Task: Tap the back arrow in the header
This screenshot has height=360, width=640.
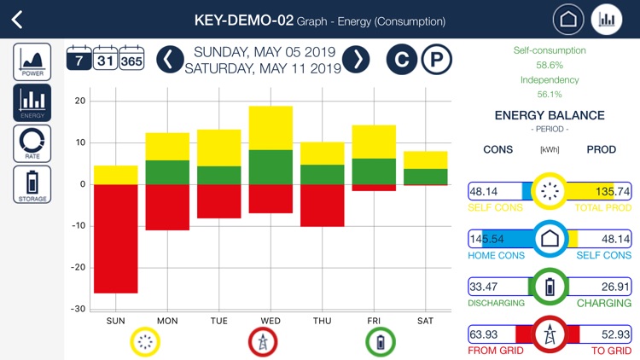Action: [18, 20]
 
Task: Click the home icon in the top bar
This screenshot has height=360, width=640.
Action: [568, 20]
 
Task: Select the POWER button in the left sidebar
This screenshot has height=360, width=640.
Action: [32, 62]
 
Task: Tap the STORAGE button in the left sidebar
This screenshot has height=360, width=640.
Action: [32, 184]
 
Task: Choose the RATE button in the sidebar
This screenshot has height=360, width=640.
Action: [32, 143]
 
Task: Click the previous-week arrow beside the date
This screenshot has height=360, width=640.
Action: [170, 59]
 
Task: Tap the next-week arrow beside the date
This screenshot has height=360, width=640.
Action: [356, 59]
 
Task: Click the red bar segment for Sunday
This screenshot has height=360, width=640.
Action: [115, 238]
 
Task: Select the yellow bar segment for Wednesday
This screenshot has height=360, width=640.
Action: [271, 128]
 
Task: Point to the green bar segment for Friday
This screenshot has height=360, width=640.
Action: [374, 171]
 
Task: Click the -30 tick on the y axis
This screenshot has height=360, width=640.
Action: [79, 309]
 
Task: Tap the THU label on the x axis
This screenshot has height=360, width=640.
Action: [322, 321]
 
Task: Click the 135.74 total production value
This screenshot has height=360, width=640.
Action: [614, 192]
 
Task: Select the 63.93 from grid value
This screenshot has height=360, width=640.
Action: [484, 334]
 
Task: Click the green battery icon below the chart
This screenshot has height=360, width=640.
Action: [380, 342]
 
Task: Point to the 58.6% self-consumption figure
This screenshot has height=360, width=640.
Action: [550, 65]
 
